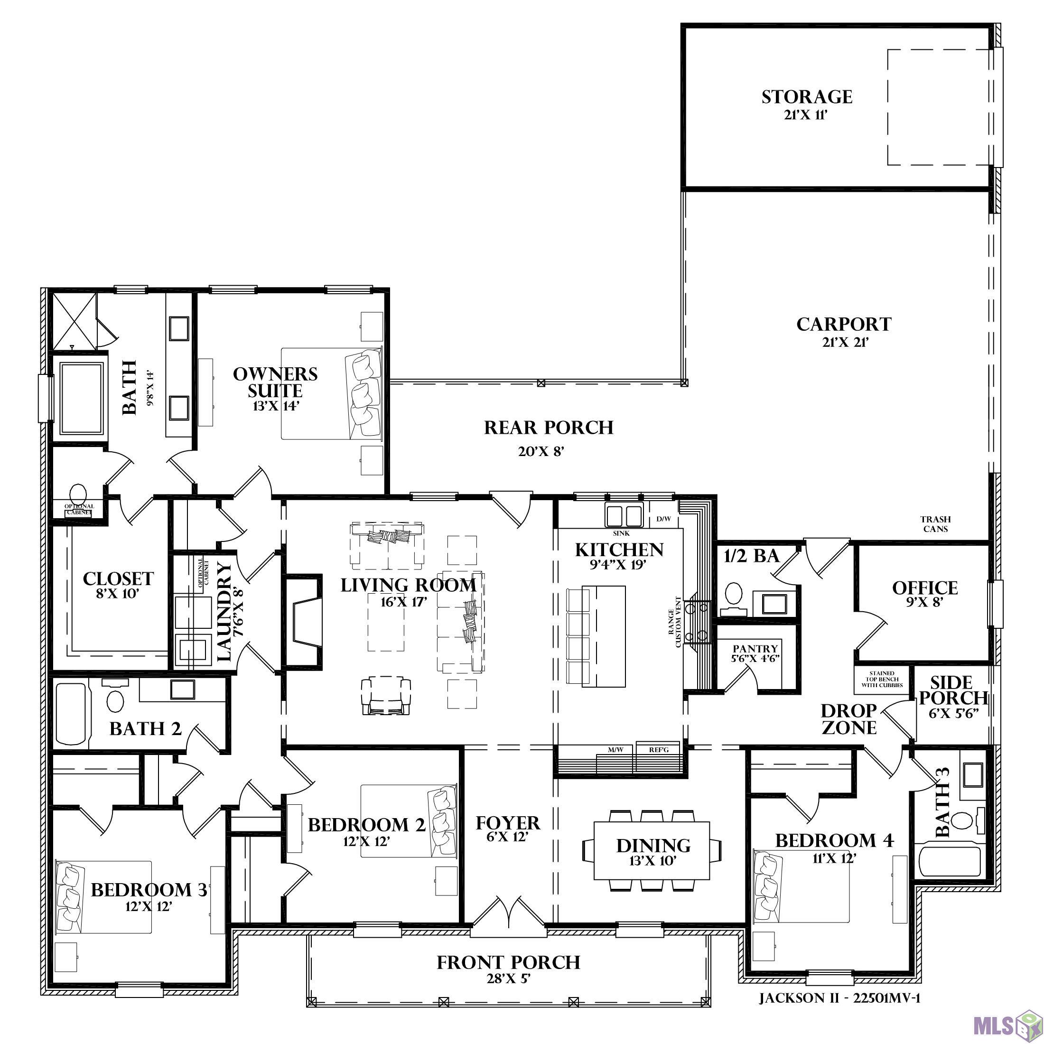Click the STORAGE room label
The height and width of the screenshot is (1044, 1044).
coord(807,97)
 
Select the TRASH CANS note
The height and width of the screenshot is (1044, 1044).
coord(935,524)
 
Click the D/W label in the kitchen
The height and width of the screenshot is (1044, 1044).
coord(663,519)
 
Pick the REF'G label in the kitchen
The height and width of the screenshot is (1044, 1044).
coord(659,750)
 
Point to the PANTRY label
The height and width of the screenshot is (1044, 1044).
coord(755,648)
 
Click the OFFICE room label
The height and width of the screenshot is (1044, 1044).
coord(924,588)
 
